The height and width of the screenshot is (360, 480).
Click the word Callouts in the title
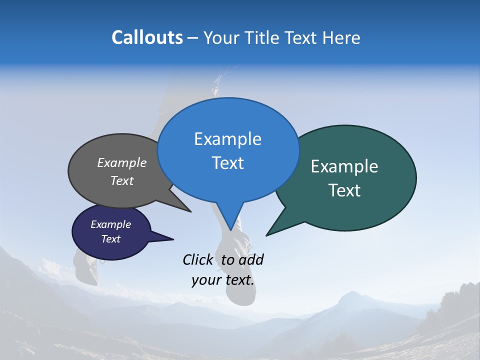pos(147,37)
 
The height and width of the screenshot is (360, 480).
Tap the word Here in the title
pos(342,37)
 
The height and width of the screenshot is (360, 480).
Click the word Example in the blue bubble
pos(227,139)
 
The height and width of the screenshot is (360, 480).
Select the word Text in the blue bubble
pos(227,163)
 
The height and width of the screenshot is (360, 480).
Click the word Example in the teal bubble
pos(344,166)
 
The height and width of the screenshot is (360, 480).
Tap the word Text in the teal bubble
pos(344,190)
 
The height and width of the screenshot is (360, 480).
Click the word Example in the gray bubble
pos(121,162)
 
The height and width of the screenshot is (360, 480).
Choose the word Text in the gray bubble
pos(121,180)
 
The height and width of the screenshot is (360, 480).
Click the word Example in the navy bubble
pos(110,224)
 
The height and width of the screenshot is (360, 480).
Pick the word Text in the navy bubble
pos(110,239)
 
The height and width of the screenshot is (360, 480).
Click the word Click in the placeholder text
pos(199,259)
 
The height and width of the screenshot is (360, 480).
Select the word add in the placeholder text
pos(251,259)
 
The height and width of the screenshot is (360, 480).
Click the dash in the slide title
pos(193,37)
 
